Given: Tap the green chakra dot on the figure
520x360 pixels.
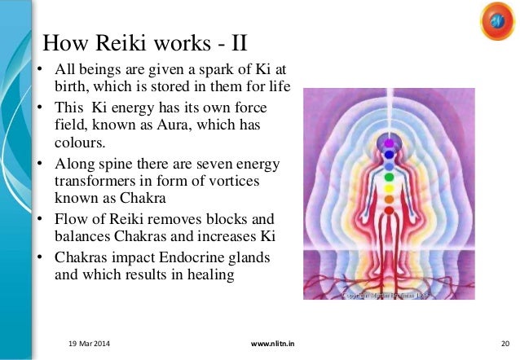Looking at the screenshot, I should pyautogui.click(x=389, y=175).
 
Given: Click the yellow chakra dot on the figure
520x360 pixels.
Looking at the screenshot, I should pyautogui.click(x=389, y=187).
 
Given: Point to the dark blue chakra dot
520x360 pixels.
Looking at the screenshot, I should pyautogui.click(x=389, y=152).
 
